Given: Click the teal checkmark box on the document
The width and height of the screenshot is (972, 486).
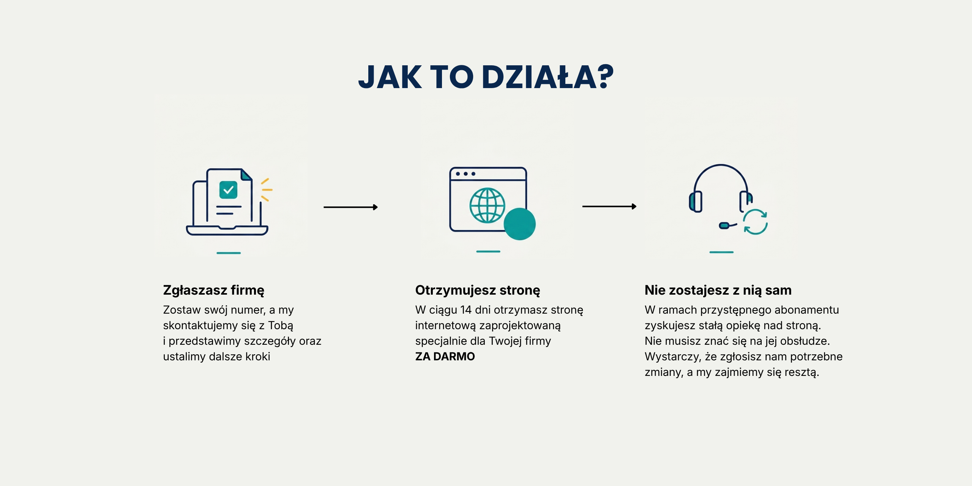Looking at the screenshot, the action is pyautogui.click(x=228, y=190).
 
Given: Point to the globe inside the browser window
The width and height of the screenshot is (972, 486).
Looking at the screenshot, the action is pyautogui.click(x=487, y=205).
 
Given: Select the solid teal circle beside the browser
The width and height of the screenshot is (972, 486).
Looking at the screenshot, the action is pyautogui.click(x=519, y=224).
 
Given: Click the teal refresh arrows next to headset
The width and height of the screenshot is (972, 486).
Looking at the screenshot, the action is pyautogui.click(x=755, y=222).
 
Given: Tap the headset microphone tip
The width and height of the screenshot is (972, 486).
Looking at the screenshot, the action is pyautogui.click(x=724, y=226).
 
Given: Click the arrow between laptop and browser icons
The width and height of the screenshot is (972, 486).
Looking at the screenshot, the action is pyautogui.click(x=350, y=207).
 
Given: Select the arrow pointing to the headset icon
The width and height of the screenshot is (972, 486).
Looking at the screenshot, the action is pyautogui.click(x=609, y=207).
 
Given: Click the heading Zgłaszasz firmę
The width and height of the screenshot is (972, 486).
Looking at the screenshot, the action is pyautogui.click(x=213, y=290).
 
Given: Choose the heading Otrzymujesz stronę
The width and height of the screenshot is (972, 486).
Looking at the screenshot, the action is pyautogui.click(x=478, y=290).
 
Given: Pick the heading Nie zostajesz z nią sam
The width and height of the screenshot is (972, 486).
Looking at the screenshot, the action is pyautogui.click(x=718, y=290).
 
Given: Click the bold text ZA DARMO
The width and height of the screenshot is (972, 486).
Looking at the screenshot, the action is pyautogui.click(x=445, y=357).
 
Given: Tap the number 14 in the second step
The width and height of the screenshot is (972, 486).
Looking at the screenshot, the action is pyautogui.click(x=466, y=310).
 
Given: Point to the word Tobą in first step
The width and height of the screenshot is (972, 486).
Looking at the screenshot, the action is pyautogui.click(x=281, y=326).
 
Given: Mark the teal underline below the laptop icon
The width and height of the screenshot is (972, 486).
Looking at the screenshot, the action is pyautogui.click(x=229, y=253).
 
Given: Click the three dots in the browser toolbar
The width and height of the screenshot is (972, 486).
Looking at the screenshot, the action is pyautogui.click(x=465, y=174).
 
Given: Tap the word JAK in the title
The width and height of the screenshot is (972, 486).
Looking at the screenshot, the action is pyautogui.click(x=390, y=77).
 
